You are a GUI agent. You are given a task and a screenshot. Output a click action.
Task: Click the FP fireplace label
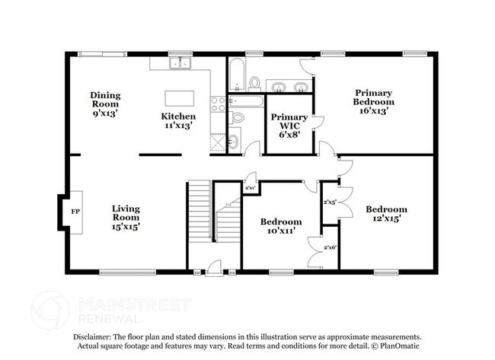click(75, 211)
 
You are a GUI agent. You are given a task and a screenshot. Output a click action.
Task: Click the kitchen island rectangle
click(179, 98)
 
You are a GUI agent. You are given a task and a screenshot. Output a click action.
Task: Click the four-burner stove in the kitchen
click(218, 104)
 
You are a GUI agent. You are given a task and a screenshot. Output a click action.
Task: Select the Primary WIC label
click(289, 123)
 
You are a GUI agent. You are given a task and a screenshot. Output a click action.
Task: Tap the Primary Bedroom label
click(373, 100)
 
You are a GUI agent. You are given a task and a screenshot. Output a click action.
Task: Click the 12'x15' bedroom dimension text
click(385, 218)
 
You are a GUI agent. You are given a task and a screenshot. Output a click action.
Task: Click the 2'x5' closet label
click(330, 202)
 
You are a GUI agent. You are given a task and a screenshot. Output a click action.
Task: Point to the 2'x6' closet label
click(330, 248)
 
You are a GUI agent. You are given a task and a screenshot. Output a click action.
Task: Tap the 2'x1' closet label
click(250, 187)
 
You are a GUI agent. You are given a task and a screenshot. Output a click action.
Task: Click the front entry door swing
click(214, 266)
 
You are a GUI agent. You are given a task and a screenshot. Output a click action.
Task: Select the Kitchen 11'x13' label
click(177, 121)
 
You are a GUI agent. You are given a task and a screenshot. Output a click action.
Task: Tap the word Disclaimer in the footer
click(92, 336)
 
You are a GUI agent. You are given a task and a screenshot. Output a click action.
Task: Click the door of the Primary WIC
click(318, 123)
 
